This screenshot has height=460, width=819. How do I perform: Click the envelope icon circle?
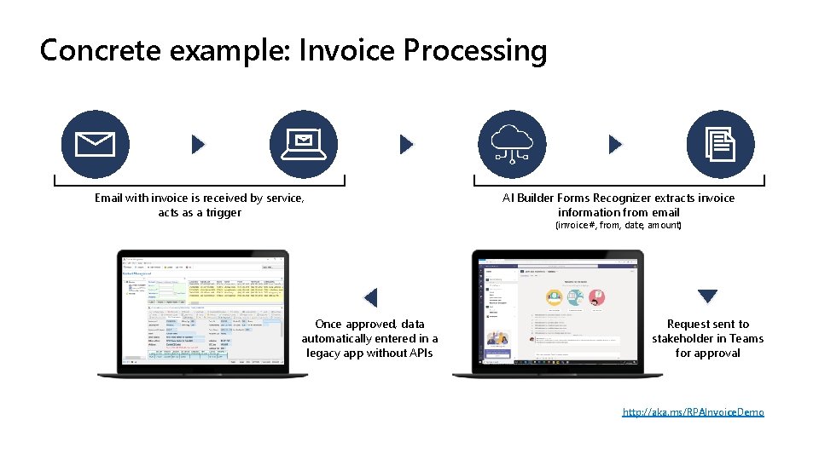click(96, 145)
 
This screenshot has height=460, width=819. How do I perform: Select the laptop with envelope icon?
click(304, 145)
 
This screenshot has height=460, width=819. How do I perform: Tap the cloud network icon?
click(512, 145)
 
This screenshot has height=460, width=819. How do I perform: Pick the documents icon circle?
click(721, 145)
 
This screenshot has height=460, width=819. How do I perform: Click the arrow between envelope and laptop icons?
click(198, 145)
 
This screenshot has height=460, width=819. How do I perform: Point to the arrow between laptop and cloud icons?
click(406, 145)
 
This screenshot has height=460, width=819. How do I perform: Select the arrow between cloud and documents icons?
click(615, 145)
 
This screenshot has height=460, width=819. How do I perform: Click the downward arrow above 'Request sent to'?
click(707, 296)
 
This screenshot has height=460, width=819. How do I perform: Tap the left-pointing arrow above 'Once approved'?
click(370, 297)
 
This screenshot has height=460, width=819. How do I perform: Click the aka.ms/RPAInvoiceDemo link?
click(693, 412)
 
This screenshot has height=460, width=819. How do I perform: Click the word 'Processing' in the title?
click(475, 51)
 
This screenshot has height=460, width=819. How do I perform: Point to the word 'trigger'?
click(224, 212)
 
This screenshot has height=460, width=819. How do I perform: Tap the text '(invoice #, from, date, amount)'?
click(619, 226)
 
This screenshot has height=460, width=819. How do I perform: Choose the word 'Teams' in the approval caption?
click(746, 338)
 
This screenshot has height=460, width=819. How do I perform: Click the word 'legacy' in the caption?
click(322, 353)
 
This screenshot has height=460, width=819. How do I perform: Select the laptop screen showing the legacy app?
click(203, 312)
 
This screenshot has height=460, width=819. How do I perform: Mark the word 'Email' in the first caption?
click(108, 198)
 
